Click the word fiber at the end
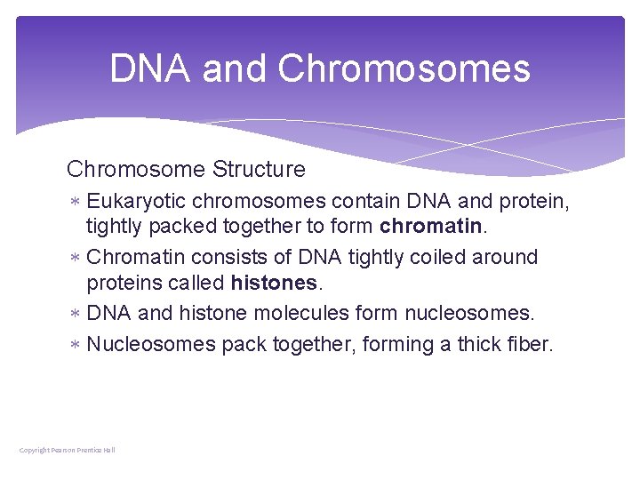(531, 344)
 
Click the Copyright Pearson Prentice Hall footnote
(68, 451)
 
